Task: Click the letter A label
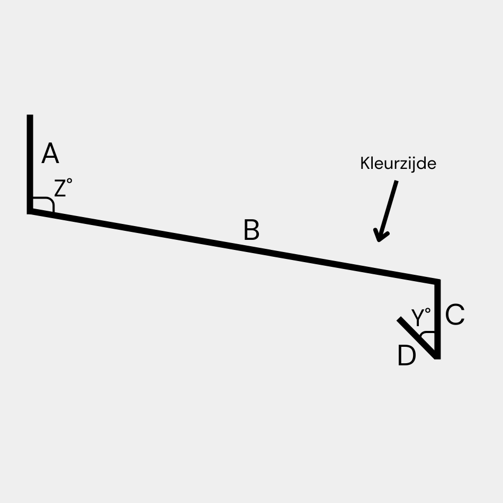point(50,155)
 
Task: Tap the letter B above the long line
point(251,231)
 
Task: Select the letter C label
point(455,316)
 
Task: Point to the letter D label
point(407,356)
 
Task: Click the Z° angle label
point(63,188)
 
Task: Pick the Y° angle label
point(421,318)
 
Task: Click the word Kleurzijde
point(398,164)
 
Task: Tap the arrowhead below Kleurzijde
point(379,236)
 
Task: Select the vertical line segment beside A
point(30,159)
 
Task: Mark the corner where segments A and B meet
point(31,210)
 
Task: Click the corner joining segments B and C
point(437,282)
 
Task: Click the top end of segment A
point(30,116)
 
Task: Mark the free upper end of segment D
point(400,319)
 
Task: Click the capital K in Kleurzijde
point(364,164)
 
